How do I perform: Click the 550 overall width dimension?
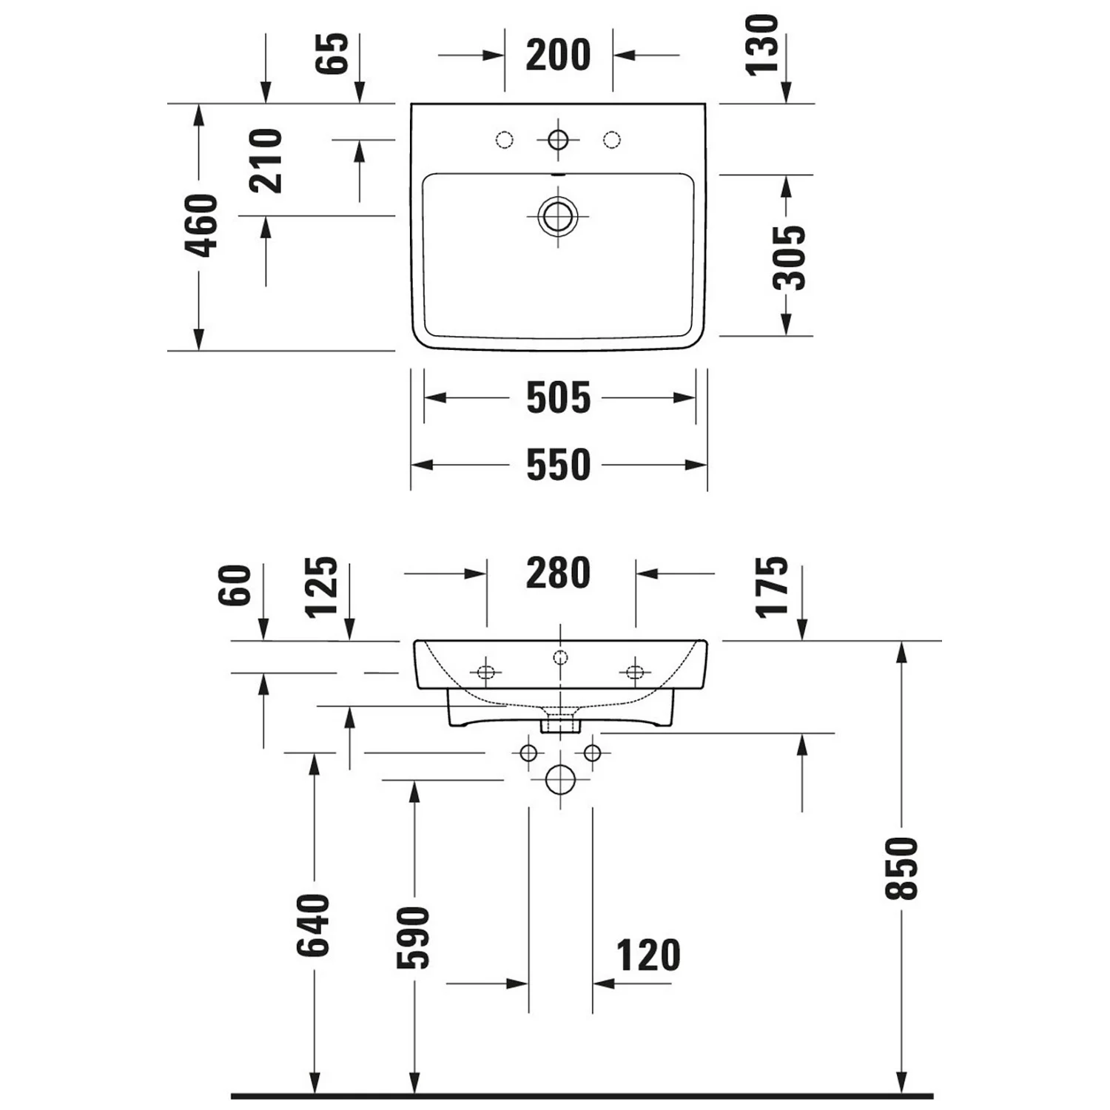(558, 465)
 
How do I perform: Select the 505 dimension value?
(558, 398)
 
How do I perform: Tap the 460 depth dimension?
(201, 226)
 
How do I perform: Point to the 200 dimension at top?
(558, 55)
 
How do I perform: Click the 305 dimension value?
(789, 258)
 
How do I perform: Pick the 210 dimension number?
(266, 161)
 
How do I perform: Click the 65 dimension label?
(332, 53)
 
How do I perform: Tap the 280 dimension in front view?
(558, 573)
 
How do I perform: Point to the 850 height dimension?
(901, 869)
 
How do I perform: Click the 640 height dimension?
(313, 925)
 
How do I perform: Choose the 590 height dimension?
(413, 938)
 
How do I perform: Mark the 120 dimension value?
(648, 955)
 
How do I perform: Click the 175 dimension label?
(772, 587)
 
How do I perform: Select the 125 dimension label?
(322, 587)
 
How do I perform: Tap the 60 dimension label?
(235, 585)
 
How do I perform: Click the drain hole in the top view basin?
(558, 216)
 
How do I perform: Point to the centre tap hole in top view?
(558, 139)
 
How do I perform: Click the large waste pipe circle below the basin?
(560, 779)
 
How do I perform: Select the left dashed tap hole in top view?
(505, 139)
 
